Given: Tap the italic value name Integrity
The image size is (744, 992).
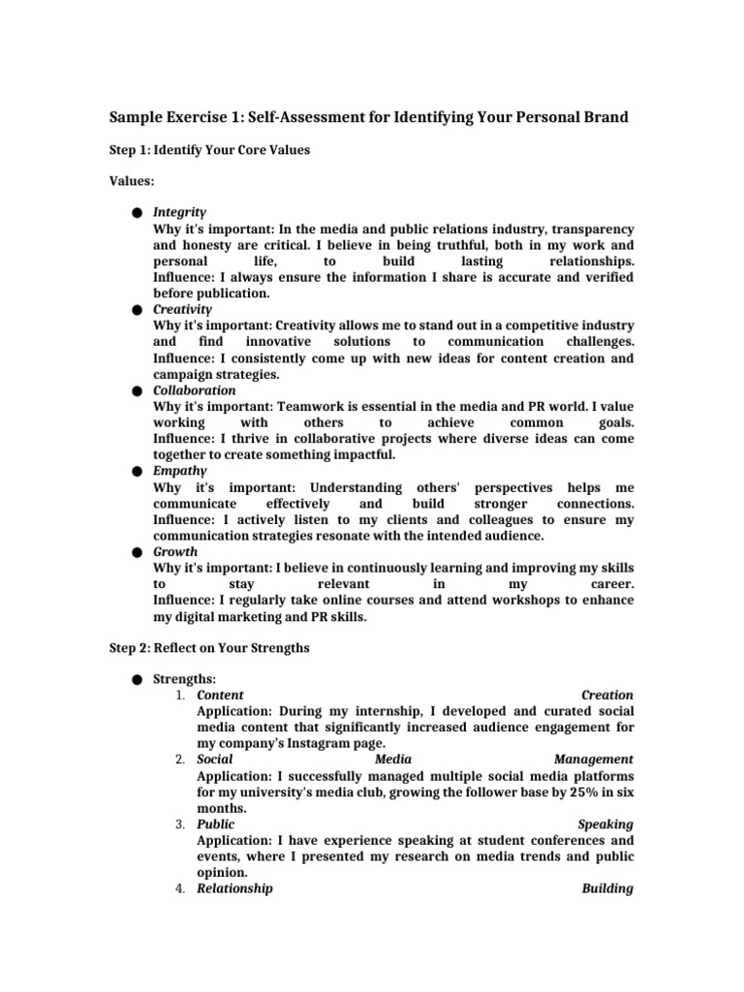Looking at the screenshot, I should (x=180, y=211).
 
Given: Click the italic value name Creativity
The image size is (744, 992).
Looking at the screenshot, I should (x=182, y=309).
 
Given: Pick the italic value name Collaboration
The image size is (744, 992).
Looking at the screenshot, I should (x=195, y=390).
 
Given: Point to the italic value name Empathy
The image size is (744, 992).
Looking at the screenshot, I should (x=179, y=471).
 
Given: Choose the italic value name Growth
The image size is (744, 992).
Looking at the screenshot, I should (x=175, y=551).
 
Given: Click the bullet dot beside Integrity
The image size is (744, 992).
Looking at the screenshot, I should (x=139, y=211).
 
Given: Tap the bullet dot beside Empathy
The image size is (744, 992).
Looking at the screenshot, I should (x=139, y=471).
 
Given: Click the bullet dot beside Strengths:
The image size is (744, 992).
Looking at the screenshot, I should (x=139, y=679).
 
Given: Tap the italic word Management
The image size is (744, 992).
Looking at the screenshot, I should (x=594, y=759).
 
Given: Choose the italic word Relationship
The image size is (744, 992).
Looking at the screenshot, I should (x=234, y=888).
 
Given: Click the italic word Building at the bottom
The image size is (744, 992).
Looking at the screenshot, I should (x=607, y=888).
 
